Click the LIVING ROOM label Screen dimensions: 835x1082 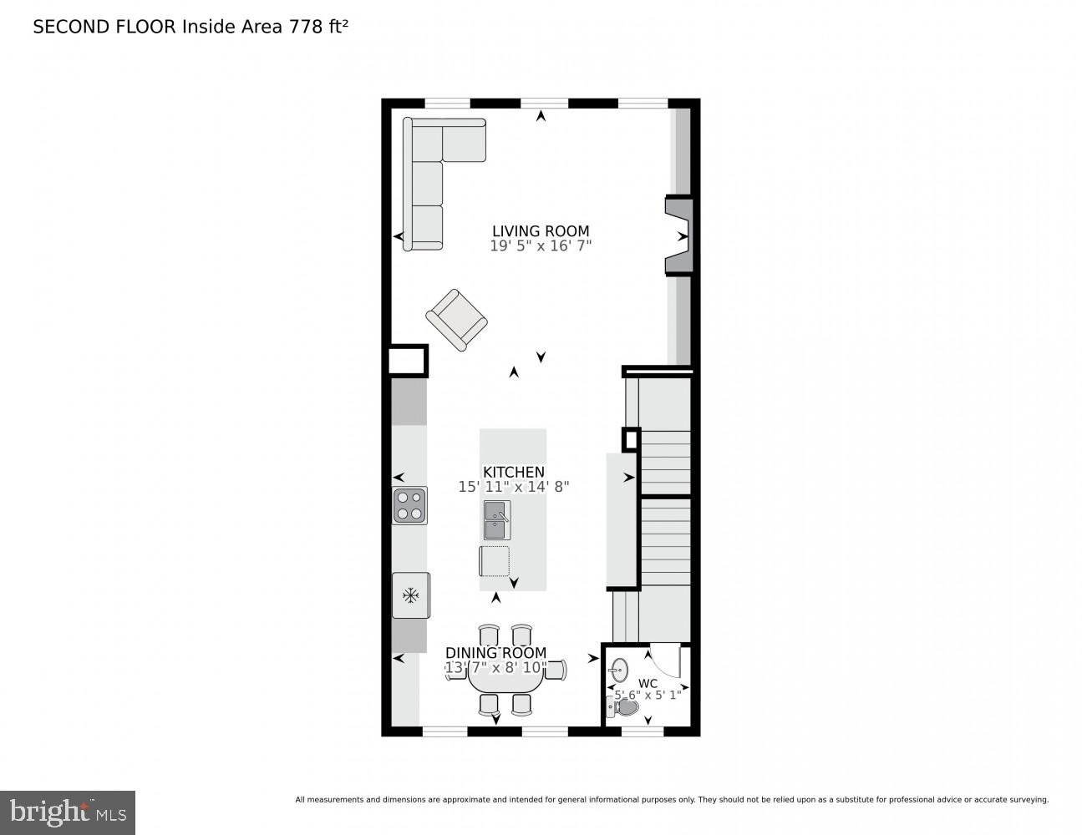point(541,231)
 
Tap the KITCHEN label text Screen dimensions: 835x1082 point(514,473)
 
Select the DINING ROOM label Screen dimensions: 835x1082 point(495,653)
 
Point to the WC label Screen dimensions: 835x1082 point(648,683)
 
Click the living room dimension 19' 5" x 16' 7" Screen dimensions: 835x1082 point(541,246)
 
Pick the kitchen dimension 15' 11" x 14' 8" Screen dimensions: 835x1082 point(514,487)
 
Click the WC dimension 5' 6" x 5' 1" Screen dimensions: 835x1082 point(648,695)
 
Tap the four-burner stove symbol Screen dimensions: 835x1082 point(410,505)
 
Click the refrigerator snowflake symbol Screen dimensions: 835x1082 point(410,595)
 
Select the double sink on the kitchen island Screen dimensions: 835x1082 point(497,519)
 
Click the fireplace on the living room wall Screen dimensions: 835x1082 point(679,236)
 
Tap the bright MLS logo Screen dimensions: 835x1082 point(68,812)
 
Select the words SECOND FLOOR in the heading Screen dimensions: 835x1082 point(104,27)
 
